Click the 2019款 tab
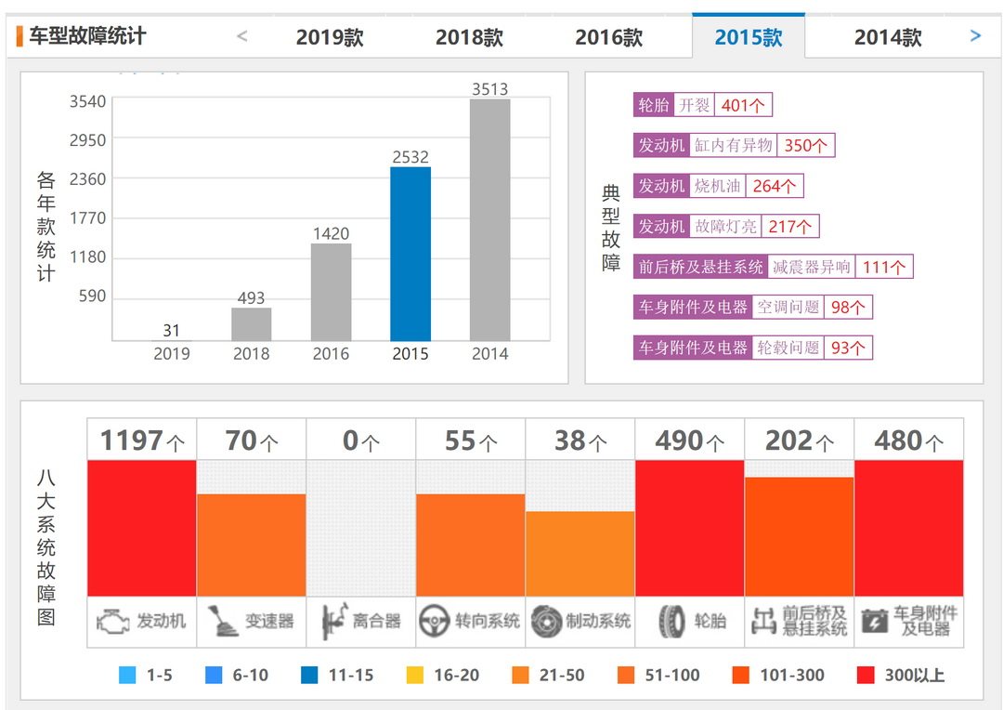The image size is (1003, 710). pos(330,37)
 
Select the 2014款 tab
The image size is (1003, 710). pos(888,37)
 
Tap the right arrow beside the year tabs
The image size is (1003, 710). pos(975,36)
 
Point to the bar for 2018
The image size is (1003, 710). pos(251,324)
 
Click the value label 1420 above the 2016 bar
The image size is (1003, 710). pos(331,233)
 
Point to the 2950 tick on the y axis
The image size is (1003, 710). pos(88,139)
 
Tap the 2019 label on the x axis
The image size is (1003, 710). pos(172,354)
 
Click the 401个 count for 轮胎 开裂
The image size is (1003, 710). pos(743,105)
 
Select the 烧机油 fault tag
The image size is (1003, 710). pos(718,186)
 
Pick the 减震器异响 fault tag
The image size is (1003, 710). pos(811,267)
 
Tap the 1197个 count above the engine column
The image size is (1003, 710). pos(142,440)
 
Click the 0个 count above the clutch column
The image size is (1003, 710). pos(361,440)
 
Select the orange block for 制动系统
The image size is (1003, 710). pos(580,553)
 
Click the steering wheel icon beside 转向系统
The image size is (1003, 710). pos(434,621)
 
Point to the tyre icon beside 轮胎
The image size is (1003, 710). pos(671,621)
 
